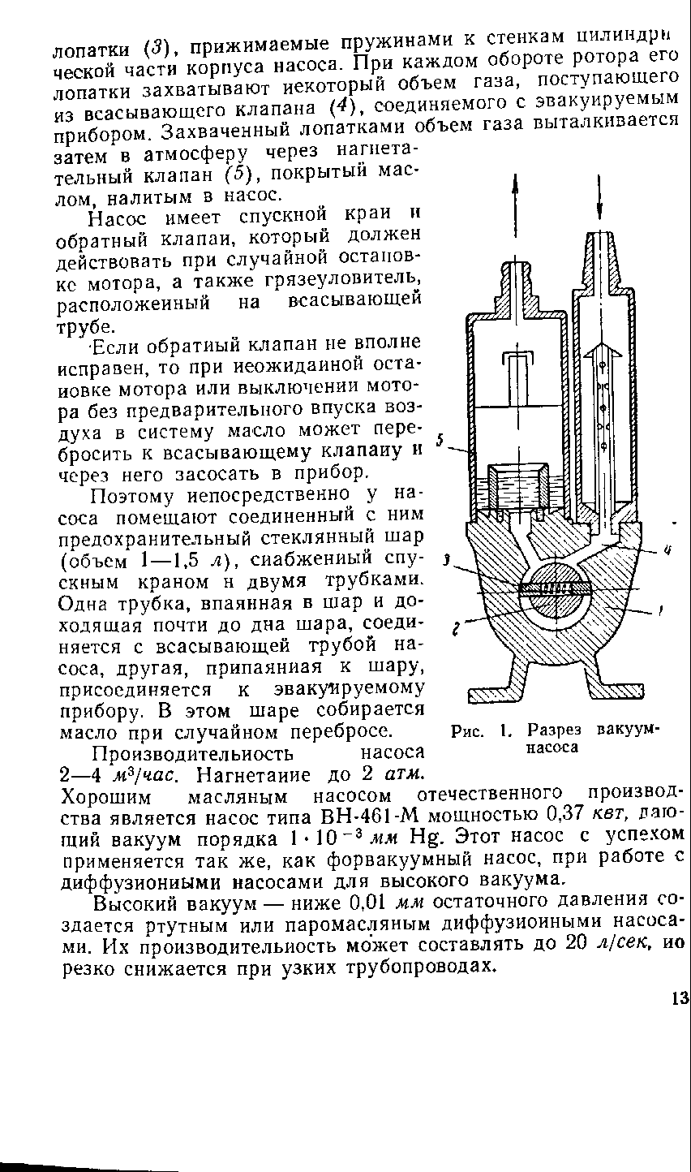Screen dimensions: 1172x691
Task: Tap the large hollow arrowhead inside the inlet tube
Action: (x=601, y=351)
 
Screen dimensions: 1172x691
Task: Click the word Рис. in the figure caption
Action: (x=466, y=730)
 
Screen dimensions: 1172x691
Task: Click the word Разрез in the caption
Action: (x=549, y=730)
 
